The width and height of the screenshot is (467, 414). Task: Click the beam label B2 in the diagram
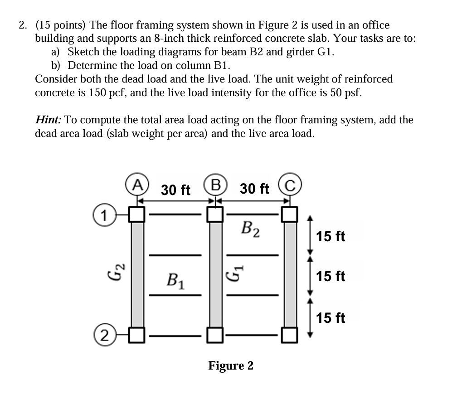pos(251,229)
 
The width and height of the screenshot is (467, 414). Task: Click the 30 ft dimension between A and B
pos(175,190)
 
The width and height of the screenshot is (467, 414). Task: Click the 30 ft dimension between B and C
pos(254,188)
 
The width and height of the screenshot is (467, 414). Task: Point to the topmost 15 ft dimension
pos(331,236)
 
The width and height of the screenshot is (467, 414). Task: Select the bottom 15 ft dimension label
pos(331,318)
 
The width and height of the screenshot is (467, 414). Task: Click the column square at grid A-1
pos(136,214)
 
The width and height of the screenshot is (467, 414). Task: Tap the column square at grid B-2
pos(215,336)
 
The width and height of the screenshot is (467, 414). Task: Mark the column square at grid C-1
pos(291,214)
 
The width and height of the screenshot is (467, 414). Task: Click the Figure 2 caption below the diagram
pos(231,365)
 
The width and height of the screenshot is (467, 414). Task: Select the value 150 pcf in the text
pos(119,93)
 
